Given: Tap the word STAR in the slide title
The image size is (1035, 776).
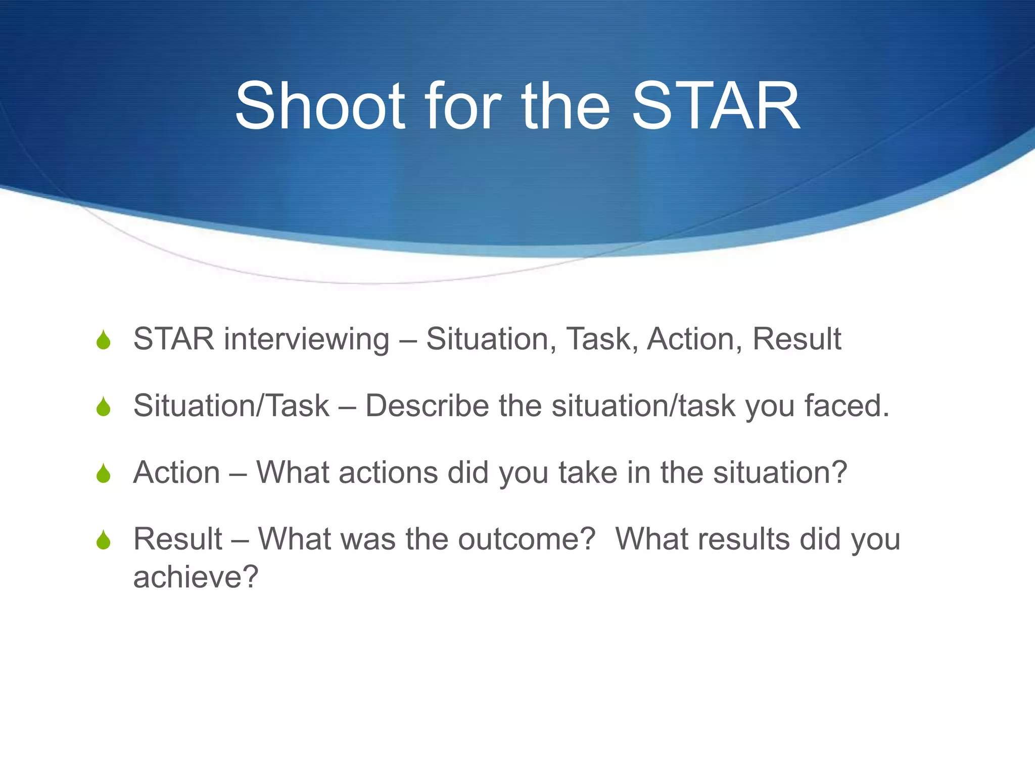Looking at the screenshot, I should [716, 107].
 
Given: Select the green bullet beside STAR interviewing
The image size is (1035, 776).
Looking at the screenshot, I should [104, 339].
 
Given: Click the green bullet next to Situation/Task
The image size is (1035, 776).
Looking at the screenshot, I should [104, 406].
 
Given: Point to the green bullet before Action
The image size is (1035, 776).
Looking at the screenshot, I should [104, 473].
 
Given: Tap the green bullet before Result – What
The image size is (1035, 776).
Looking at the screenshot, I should [104, 540].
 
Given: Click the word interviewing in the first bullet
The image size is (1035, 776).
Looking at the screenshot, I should [307, 339].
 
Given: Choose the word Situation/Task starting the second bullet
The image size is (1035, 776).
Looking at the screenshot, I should [231, 406].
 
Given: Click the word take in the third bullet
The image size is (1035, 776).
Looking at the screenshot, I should [588, 473].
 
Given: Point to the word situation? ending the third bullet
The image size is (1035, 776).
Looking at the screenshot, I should [780, 473].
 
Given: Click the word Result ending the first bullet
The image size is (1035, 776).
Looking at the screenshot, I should [796, 339].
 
